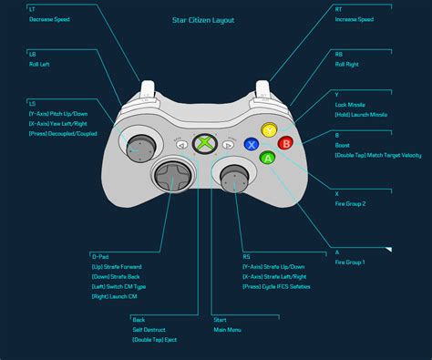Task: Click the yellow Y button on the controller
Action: [x=268, y=130]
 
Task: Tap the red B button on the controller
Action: [x=285, y=142]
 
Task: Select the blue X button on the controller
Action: [x=252, y=144]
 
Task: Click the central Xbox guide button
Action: [x=210, y=143]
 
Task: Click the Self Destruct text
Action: [x=150, y=329]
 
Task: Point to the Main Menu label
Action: [x=228, y=329]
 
